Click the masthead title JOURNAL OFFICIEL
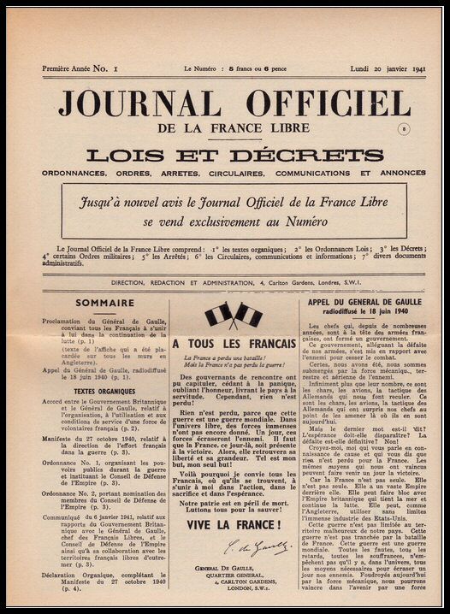[233, 104]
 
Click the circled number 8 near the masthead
[404, 128]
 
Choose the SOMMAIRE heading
[104, 303]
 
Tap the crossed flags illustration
[233, 315]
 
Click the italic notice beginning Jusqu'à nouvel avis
[233, 210]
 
